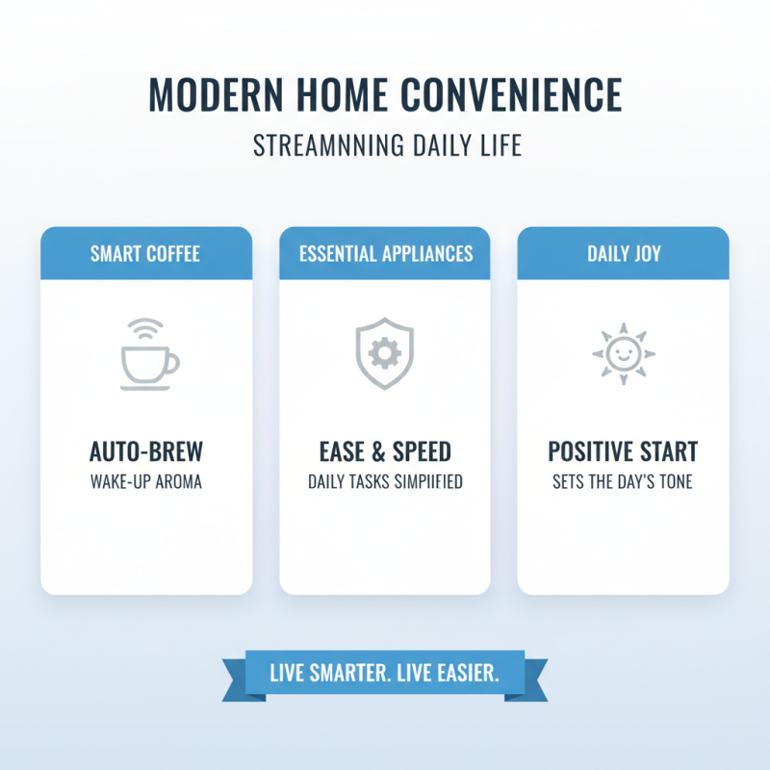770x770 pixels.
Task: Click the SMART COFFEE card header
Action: pyautogui.click(x=146, y=254)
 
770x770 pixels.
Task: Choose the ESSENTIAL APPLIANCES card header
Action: pyautogui.click(x=385, y=254)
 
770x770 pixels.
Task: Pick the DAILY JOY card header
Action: pyautogui.click(x=623, y=254)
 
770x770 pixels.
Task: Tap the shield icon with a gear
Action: pyautogui.click(x=385, y=354)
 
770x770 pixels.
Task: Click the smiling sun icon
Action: pyautogui.click(x=623, y=354)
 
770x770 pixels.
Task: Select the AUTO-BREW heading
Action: pyautogui.click(x=146, y=451)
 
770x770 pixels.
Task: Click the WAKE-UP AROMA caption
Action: pyautogui.click(x=146, y=481)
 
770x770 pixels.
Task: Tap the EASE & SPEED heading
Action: pyautogui.click(x=385, y=451)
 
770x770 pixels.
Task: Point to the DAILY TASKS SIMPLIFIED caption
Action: pyautogui.click(x=385, y=481)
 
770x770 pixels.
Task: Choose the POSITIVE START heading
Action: pyautogui.click(x=623, y=451)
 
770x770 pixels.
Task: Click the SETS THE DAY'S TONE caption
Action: pyautogui.click(x=623, y=481)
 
